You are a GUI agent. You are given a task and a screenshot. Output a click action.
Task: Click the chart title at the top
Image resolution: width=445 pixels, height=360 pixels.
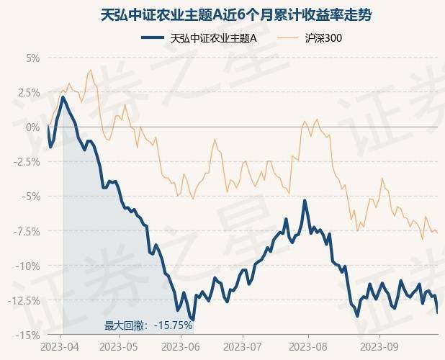point(223,14)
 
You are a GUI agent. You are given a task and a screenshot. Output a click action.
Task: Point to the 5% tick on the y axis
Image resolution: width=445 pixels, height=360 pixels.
point(32,58)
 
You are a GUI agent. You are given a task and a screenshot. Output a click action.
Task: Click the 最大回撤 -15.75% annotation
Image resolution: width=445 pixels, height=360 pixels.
point(148,326)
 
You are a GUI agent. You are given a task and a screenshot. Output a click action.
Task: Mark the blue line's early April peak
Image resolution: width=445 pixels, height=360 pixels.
point(63,97)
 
